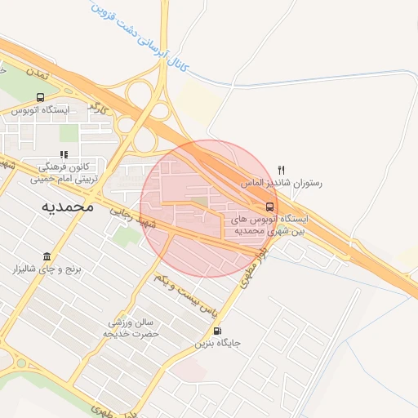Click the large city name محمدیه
pyautogui.click(x=68, y=207)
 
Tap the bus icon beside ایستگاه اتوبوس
pyautogui.click(x=41, y=96)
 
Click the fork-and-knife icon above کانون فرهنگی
pyautogui.click(x=64, y=153)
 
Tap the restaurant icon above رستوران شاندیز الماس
pyautogui.click(x=281, y=171)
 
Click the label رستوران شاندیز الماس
pyautogui.click(x=282, y=184)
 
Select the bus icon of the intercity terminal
pyautogui.click(x=269, y=206)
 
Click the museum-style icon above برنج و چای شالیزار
pyautogui.click(x=48, y=256)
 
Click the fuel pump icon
pyautogui.click(x=216, y=331)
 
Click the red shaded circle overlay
pyautogui.click(x=209, y=209)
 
